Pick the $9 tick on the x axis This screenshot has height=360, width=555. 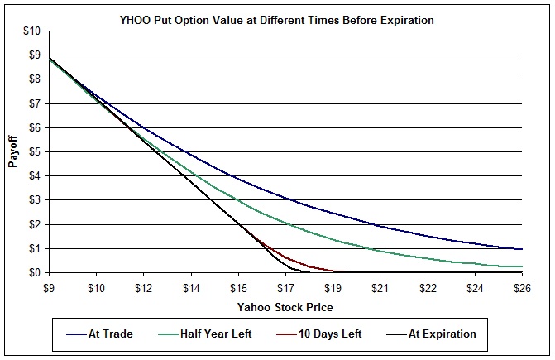[x=50, y=287]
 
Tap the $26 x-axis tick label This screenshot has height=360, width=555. [x=523, y=287]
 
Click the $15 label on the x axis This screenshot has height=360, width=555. [x=239, y=287]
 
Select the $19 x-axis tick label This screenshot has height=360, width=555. [x=333, y=287]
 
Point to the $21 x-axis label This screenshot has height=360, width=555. [x=380, y=287]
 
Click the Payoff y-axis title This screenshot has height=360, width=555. [x=13, y=152]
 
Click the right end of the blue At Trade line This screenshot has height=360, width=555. [x=522, y=249]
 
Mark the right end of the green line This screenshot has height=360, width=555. [x=522, y=266]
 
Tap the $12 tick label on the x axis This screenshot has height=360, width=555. [x=144, y=287]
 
